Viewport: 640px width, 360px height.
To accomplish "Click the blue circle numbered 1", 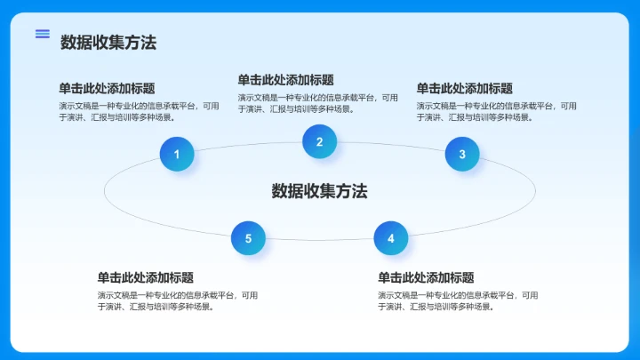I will pyautogui.click(x=177, y=155).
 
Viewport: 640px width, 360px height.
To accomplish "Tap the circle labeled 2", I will pyautogui.click(x=319, y=141).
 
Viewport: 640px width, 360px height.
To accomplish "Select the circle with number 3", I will pyautogui.click(x=462, y=155).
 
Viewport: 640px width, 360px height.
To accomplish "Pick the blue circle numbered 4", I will pyautogui.click(x=390, y=238).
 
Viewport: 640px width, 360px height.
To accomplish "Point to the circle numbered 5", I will pyautogui.click(x=248, y=238).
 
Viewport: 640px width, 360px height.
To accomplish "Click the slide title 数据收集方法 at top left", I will pyautogui.click(x=108, y=42).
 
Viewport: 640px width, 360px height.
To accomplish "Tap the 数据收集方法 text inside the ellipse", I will pyautogui.click(x=319, y=191).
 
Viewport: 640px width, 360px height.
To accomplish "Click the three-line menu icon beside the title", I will pyautogui.click(x=43, y=34).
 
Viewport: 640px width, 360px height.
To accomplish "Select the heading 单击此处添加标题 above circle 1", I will pyautogui.click(x=107, y=88).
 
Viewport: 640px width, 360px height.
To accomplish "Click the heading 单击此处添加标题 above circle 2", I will pyautogui.click(x=285, y=80).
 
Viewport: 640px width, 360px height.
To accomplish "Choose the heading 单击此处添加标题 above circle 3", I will pyautogui.click(x=465, y=88).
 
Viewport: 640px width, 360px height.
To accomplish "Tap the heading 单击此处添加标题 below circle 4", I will pyautogui.click(x=426, y=277).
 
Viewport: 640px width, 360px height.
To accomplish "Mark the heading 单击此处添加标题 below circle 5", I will pyautogui.click(x=146, y=277).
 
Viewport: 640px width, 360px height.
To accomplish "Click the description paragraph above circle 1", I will pyautogui.click(x=139, y=111).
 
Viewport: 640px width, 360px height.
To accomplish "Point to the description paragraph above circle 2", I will pyautogui.click(x=317, y=103).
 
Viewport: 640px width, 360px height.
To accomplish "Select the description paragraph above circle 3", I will pyautogui.click(x=496, y=111).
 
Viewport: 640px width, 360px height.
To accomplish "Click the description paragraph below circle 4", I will pyautogui.click(x=458, y=300).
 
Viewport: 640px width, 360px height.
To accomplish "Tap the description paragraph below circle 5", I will pyautogui.click(x=178, y=300).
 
